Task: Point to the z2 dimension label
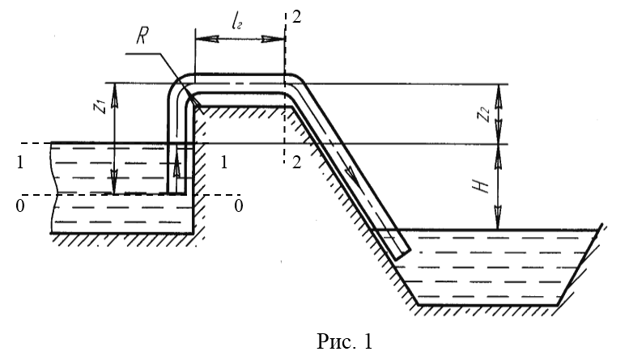(482, 114)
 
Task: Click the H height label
(483, 188)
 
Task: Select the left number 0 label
(18, 207)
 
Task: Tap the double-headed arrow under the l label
(240, 37)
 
